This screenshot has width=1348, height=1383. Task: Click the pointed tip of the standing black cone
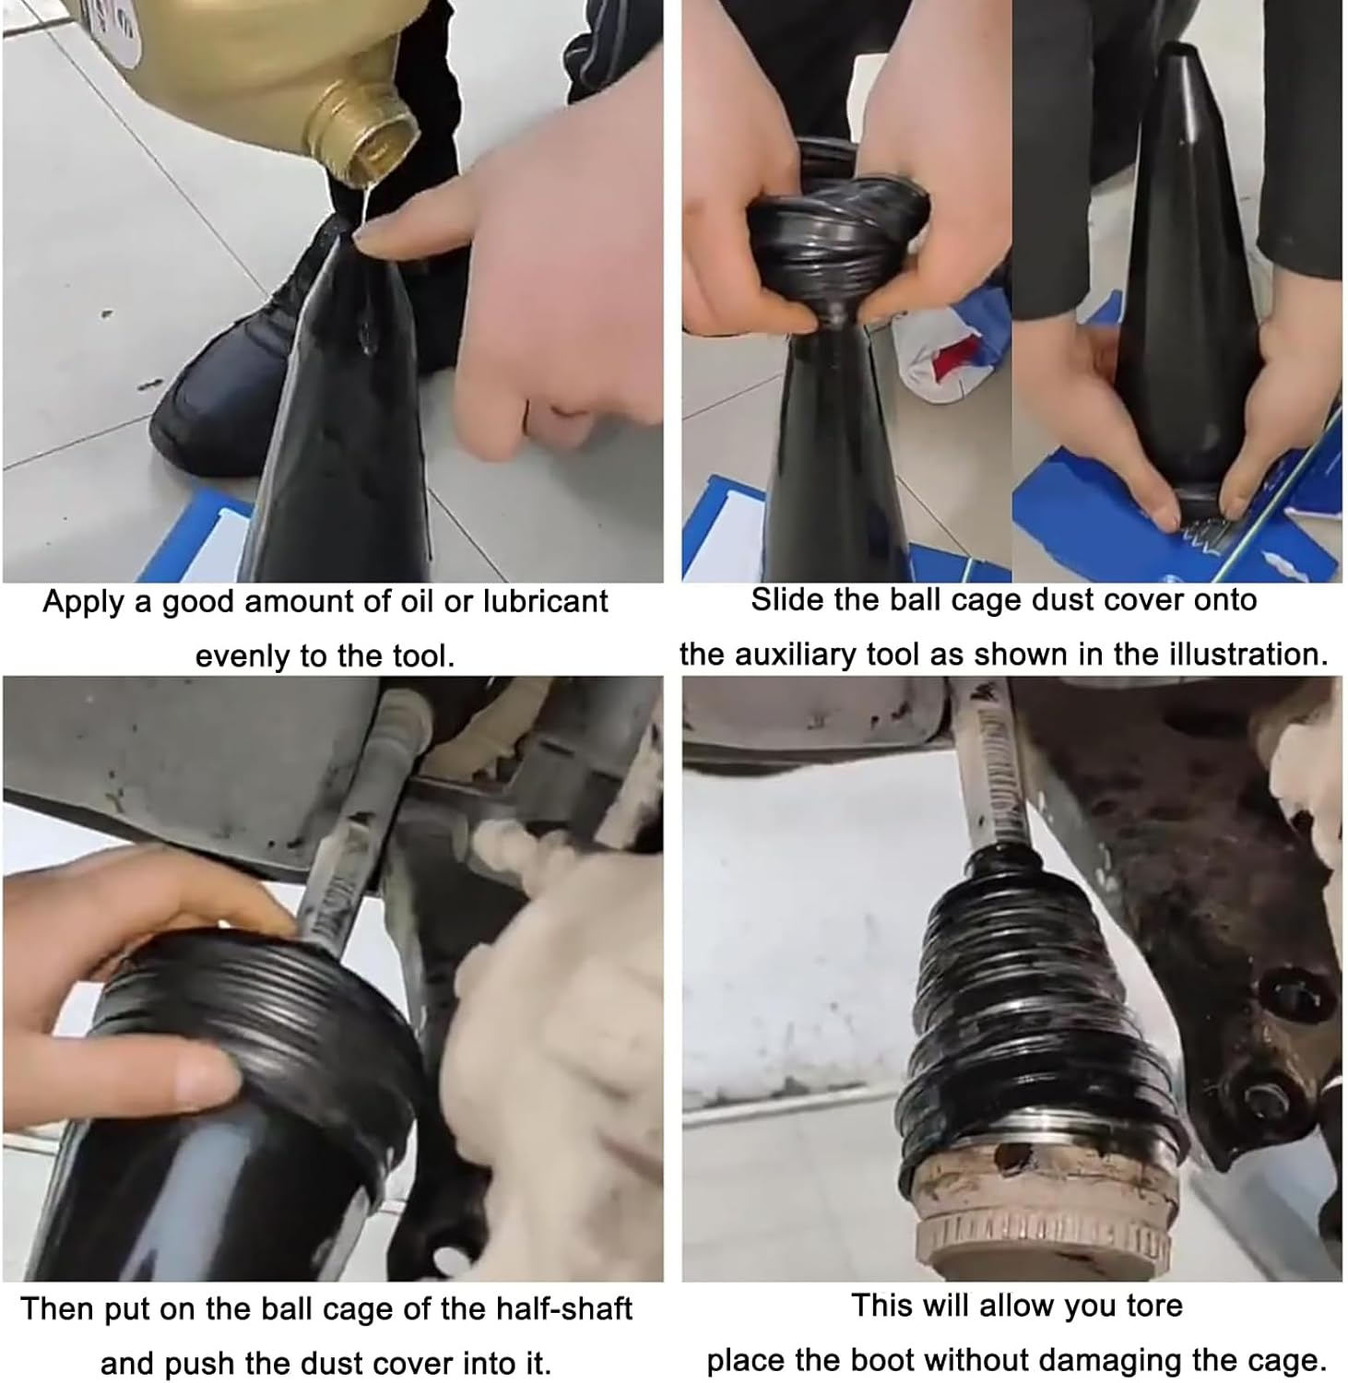pos(1180,55)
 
